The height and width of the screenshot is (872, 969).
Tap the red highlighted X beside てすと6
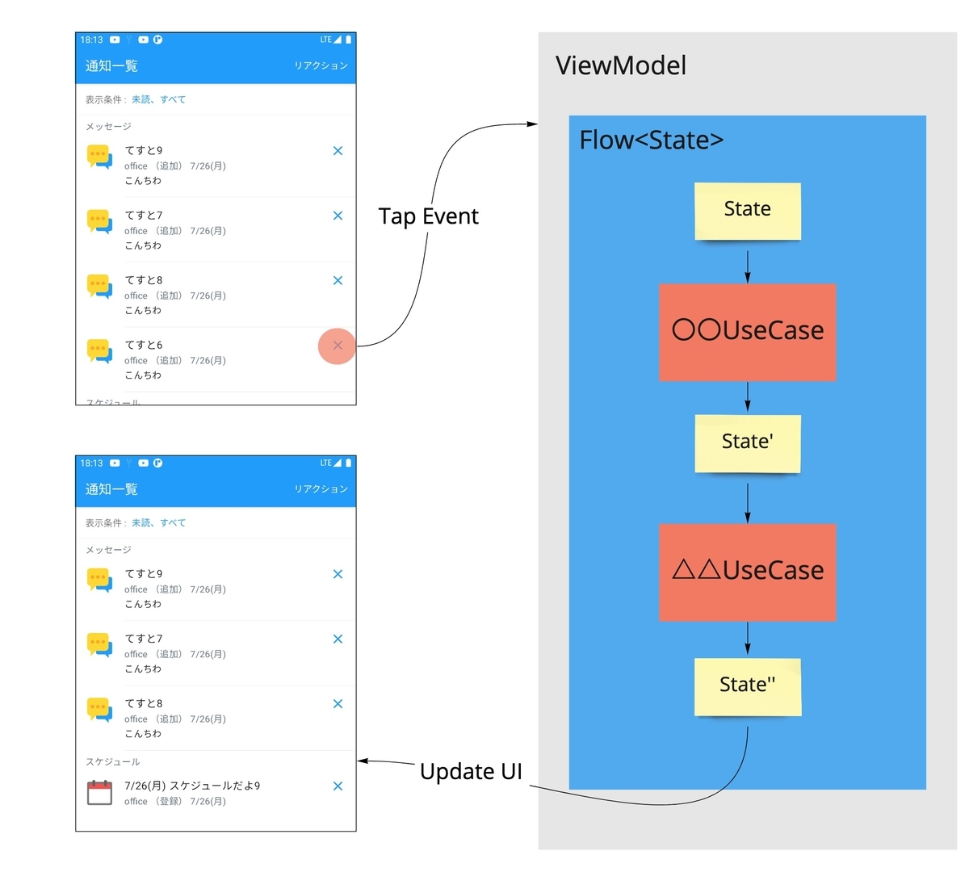[338, 346]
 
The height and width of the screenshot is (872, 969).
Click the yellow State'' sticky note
[747, 686]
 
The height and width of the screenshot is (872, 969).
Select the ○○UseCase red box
[747, 332]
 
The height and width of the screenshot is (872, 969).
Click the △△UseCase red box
[747, 572]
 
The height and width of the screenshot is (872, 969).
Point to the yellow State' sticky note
[747, 443]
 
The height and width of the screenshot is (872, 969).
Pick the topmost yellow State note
[747, 211]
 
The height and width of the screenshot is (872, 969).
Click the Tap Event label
[429, 216]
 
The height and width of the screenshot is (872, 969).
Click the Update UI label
[471, 771]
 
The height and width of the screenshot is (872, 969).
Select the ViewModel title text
[621, 65]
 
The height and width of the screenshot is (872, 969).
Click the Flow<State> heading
[651, 140]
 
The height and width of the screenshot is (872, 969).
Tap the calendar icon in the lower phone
[99, 792]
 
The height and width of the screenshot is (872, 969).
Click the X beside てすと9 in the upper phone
[338, 151]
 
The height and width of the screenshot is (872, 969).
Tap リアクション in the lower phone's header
[321, 489]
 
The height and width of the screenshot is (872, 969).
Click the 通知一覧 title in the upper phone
[111, 65]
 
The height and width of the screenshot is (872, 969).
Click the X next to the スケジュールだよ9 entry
[338, 786]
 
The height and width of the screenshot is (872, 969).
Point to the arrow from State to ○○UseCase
[747, 266]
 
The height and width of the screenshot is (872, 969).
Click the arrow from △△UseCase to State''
[747, 638]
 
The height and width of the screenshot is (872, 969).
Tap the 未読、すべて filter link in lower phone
[158, 522]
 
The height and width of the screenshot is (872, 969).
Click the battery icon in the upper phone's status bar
[348, 39]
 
